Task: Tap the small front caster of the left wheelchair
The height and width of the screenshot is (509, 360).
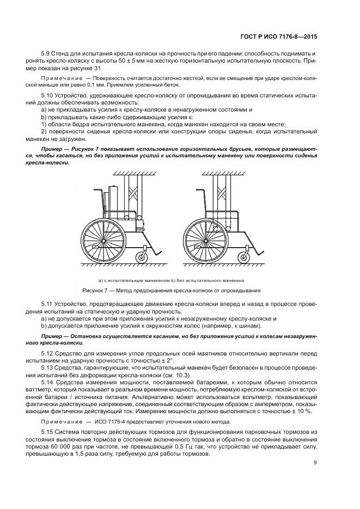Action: (144, 255)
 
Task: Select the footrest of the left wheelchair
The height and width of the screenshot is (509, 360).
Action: (158, 251)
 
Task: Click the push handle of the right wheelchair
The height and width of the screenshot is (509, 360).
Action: (198, 191)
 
